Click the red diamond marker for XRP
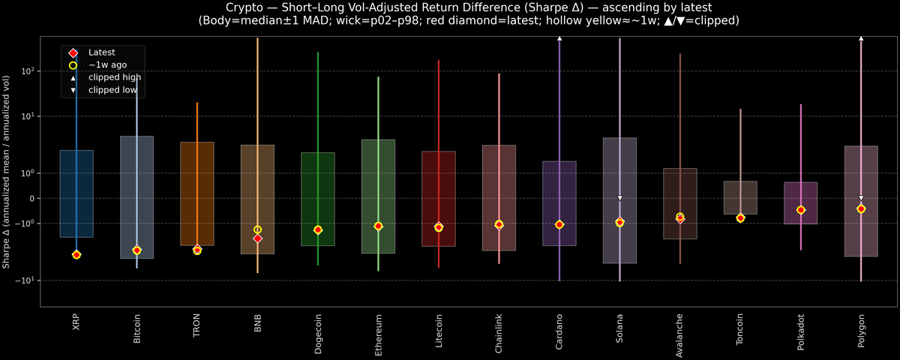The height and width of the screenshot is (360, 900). [76, 255]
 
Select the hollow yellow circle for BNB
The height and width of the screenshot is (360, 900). [257, 229]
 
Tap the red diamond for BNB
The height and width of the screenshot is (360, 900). [257, 238]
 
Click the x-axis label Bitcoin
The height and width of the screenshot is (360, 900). [136, 328]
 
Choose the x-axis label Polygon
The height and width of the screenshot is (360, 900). [861, 329]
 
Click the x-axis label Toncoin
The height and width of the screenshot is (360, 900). [740, 329]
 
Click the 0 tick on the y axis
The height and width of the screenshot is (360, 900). [31, 199]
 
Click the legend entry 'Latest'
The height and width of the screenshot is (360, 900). [101, 52]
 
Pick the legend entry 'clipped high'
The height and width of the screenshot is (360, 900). [114, 77]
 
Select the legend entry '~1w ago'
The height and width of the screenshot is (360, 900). [107, 65]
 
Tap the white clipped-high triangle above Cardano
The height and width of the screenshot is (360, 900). [559, 37]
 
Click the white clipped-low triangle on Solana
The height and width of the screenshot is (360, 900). [620, 198]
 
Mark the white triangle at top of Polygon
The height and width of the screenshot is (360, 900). [861, 37]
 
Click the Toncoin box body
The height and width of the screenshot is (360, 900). [740, 198]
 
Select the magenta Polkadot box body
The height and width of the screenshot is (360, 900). [800, 202]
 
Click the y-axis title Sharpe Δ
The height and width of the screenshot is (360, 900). [7, 172]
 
